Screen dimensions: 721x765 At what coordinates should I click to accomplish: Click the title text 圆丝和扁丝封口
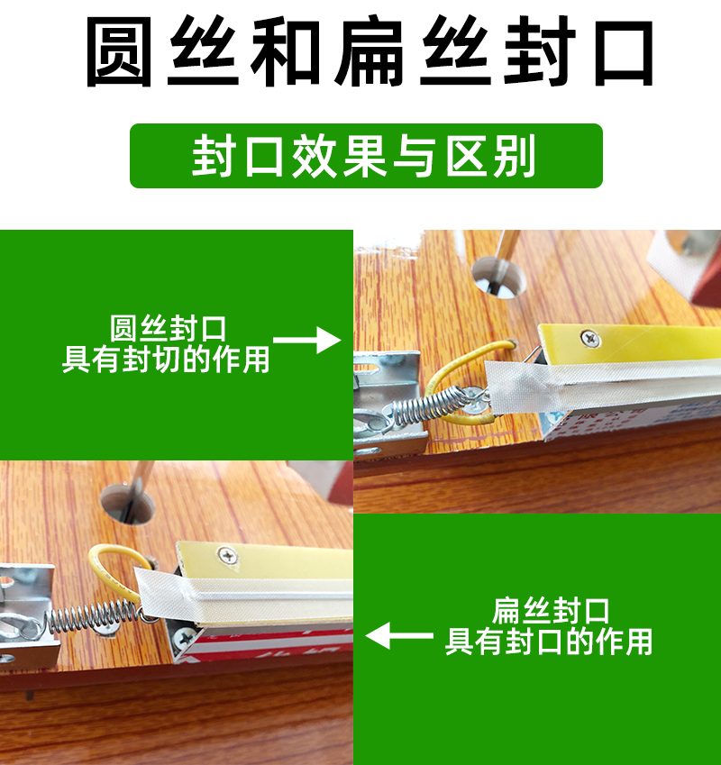[370, 51]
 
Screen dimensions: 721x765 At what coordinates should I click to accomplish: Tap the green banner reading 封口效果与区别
[366, 156]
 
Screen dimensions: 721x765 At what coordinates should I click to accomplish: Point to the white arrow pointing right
[306, 340]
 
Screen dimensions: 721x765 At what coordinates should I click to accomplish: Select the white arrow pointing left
[399, 635]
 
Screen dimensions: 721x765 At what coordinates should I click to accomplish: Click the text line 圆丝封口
[168, 329]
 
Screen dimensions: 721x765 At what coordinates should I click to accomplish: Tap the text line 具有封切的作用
[166, 360]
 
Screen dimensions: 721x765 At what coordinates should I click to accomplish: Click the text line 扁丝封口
[551, 611]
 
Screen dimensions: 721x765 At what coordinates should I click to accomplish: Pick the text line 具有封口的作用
[549, 641]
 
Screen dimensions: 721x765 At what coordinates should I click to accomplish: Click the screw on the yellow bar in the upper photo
[590, 338]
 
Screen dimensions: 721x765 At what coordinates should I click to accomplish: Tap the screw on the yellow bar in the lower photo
[227, 556]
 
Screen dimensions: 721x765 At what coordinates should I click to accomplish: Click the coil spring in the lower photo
[92, 615]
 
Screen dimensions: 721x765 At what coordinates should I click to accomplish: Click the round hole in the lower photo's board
[127, 505]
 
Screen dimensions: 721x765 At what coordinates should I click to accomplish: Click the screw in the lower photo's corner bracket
[185, 638]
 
